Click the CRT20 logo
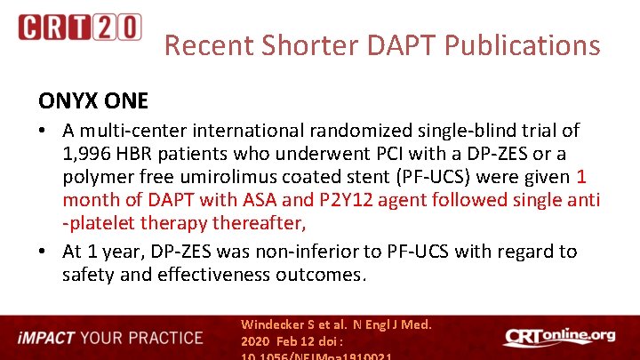point(79,27)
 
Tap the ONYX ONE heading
point(92,100)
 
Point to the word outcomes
point(330,274)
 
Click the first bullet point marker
point(44,131)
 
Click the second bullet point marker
point(44,252)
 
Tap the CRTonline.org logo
point(559,337)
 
